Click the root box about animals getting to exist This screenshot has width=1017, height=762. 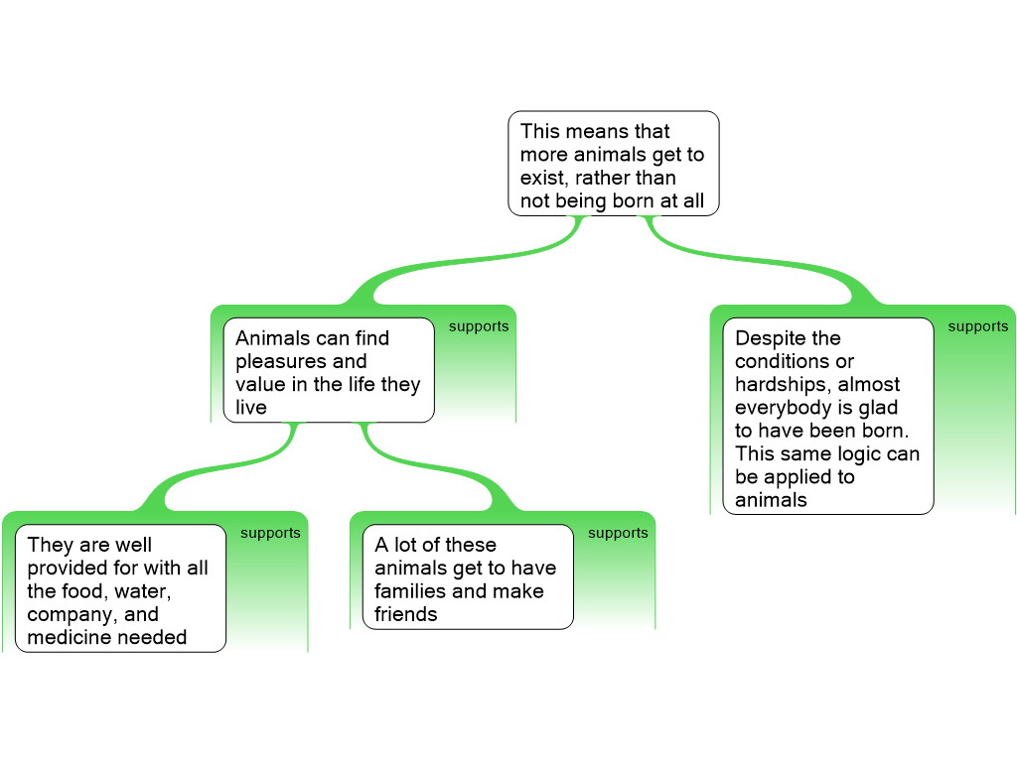pyautogui.click(x=614, y=164)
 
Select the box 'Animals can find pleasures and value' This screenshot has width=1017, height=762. pyautogui.click(x=329, y=370)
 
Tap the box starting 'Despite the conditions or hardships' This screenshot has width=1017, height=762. pyautogui.click(x=828, y=416)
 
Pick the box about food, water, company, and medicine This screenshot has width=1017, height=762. pyautogui.click(x=120, y=588)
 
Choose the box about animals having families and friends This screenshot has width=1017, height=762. pyautogui.click(x=469, y=576)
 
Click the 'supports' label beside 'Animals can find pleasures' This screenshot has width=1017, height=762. pyautogui.click(x=479, y=325)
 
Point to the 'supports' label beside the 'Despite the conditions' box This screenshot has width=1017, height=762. pyautogui.click(x=978, y=325)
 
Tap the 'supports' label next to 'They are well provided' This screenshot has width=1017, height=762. pyautogui.click(x=270, y=533)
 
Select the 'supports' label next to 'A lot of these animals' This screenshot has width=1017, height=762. pyautogui.click(x=618, y=533)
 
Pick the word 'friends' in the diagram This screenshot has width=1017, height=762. pyautogui.click(x=406, y=613)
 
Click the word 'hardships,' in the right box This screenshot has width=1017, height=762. pyautogui.click(x=784, y=384)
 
